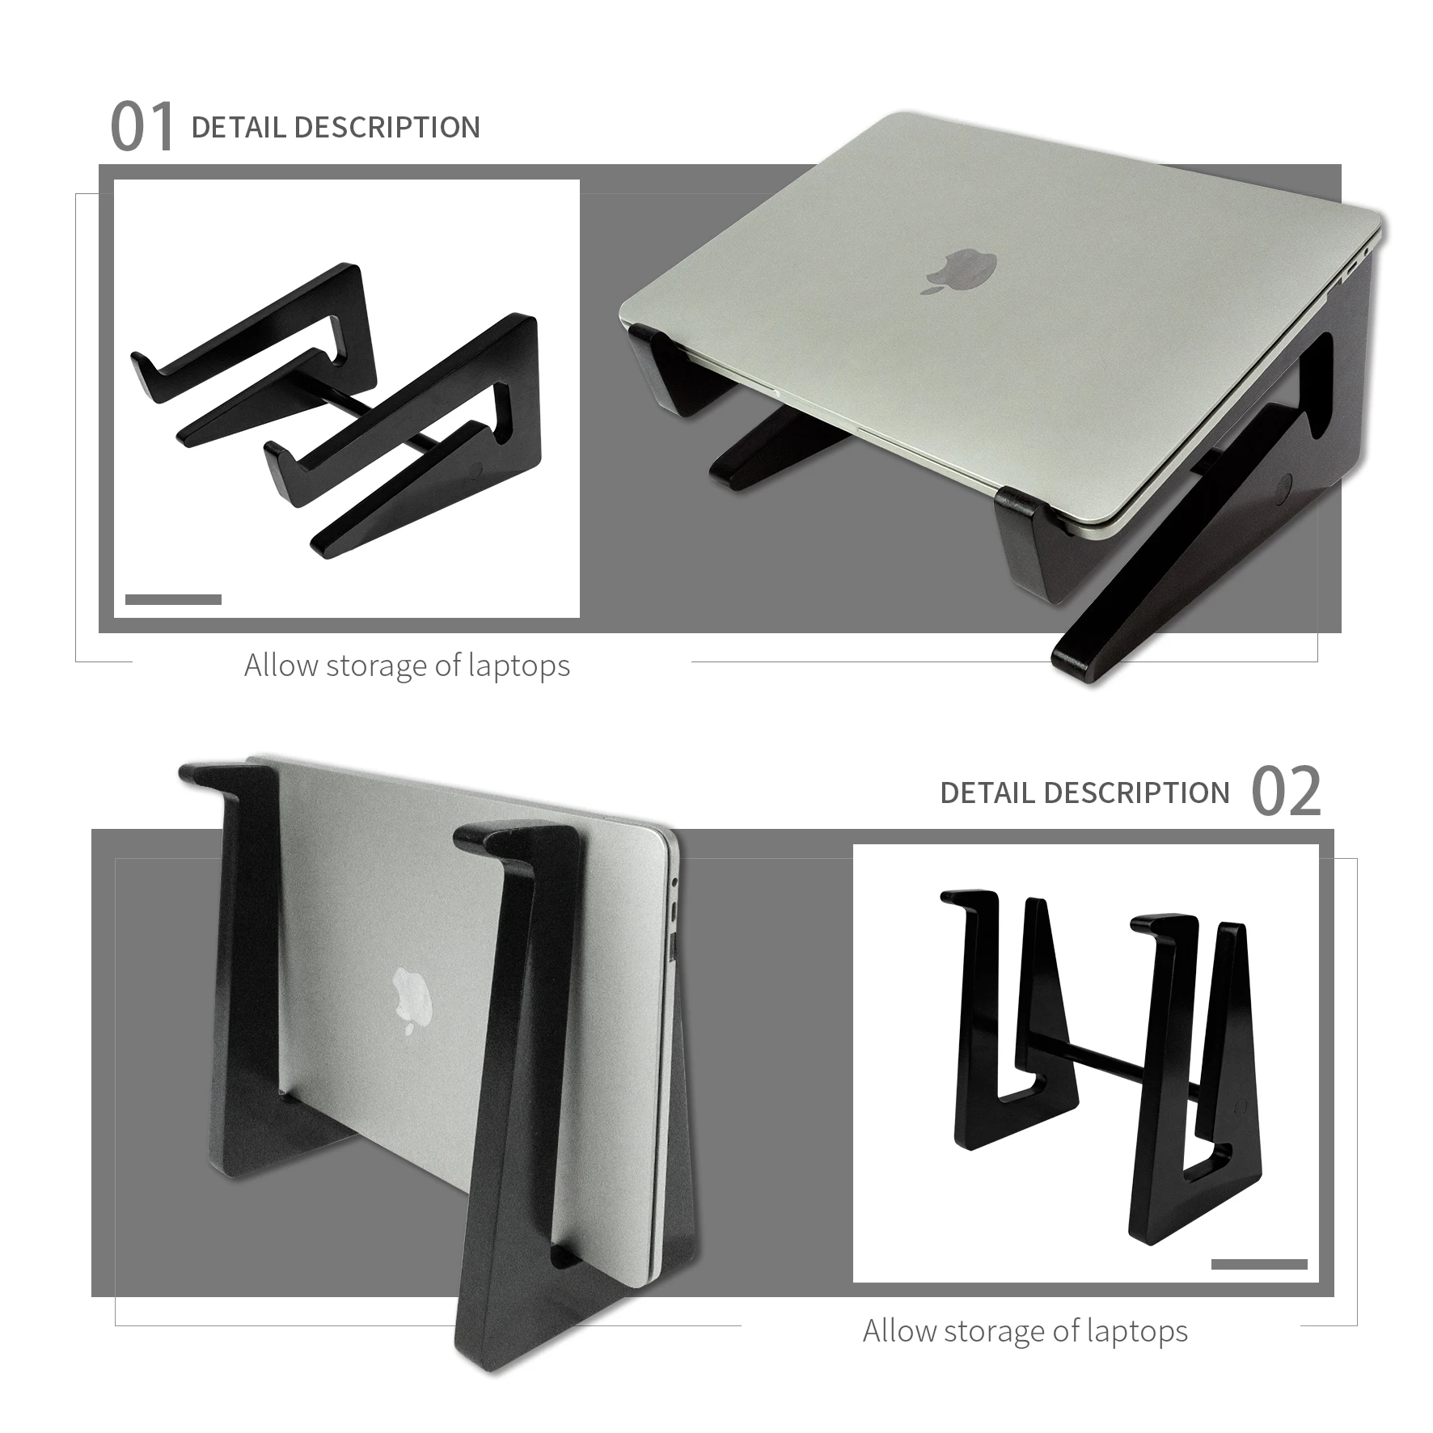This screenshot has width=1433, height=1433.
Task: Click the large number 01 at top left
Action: (142, 128)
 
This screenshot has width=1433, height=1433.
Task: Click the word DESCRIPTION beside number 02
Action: (1137, 793)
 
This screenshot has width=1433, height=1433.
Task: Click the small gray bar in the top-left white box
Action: (173, 599)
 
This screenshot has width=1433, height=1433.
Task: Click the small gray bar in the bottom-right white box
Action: (1259, 1264)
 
